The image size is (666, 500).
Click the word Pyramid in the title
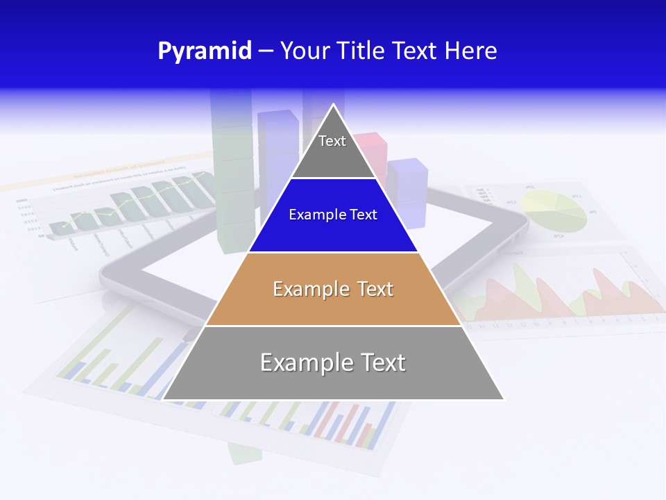click(x=205, y=51)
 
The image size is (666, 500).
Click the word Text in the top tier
click(x=332, y=141)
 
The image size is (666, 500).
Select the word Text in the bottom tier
click(x=378, y=362)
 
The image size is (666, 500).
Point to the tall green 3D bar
click(x=235, y=174)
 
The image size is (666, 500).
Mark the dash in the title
click(x=266, y=51)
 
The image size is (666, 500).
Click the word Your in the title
click(x=305, y=51)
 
